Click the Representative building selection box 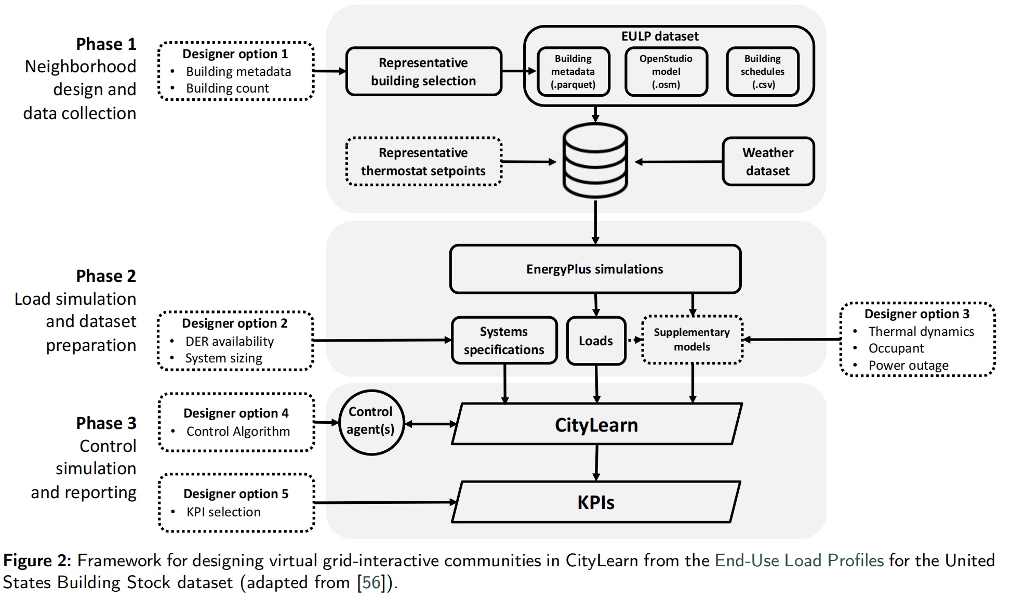pyautogui.click(x=423, y=72)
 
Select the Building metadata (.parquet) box pyautogui.click(x=573, y=72)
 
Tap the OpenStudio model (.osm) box pyautogui.click(x=666, y=72)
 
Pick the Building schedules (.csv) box pyautogui.click(x=762, y=72)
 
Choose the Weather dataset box pyautogui.click(x=768, y=162)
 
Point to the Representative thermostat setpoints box pyautogui.click(x=423, y=162)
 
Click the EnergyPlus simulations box pyautogui.click(x=595, y=269)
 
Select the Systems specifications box pyautogui.click(x=504, y=341)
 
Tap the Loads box pyautogui.click(x=596, y=341)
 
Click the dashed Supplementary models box pyautogui.click(x=692, y=340)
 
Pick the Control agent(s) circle pyautogui.click(x=371, y=422)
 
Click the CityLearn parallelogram pyautogui.click(x=596, y=425)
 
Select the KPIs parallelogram pyautogui.click(x=596, y=502)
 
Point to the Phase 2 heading pyautogui.click(x=106, y=276)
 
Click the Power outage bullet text pyautogui.click(x=908, y=366)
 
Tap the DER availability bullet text pyautogui.click(x=230, y=342)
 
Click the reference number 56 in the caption pyautogui.click(x=371, y=582)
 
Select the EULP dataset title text pyautogui.click(x=660, y=36)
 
